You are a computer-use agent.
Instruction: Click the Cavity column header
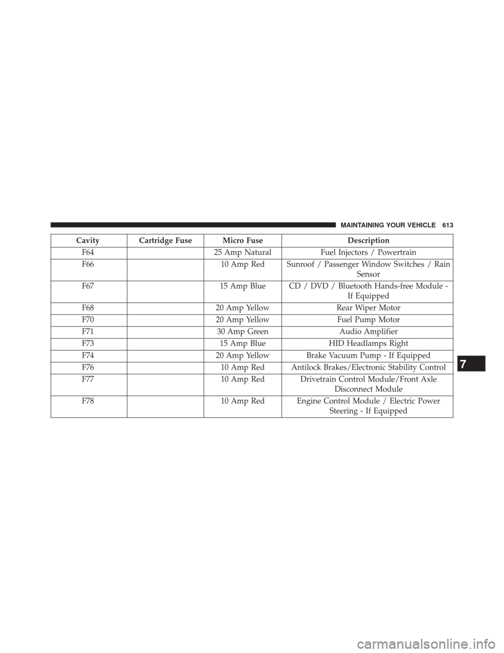pos(88,240)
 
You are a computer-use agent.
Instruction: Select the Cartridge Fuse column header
pos(164,240)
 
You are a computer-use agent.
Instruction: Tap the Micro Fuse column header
pos(242,240)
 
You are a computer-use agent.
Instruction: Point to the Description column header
pos(367,240)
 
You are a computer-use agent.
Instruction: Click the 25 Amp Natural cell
pos(242,252)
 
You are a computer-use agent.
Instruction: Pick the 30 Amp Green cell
pos(242,332)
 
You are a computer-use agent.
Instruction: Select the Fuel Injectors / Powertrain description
pos(367,252)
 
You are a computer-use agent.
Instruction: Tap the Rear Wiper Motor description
pos(367,308)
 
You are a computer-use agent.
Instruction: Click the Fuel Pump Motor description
pos(367,320)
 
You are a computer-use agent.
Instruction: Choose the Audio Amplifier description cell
pos(367,332)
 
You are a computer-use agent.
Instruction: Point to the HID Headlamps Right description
pos(367,344)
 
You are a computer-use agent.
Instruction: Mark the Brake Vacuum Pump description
pos(367,356)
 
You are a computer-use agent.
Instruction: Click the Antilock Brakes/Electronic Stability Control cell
pos(367,368)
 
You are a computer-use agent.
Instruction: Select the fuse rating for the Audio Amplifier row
pos(242,332)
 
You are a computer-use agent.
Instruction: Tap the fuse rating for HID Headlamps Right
pos(242,344)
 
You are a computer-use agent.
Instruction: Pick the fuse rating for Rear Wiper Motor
pos(242,308)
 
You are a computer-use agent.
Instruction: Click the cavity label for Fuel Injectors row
pos(88,252)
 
